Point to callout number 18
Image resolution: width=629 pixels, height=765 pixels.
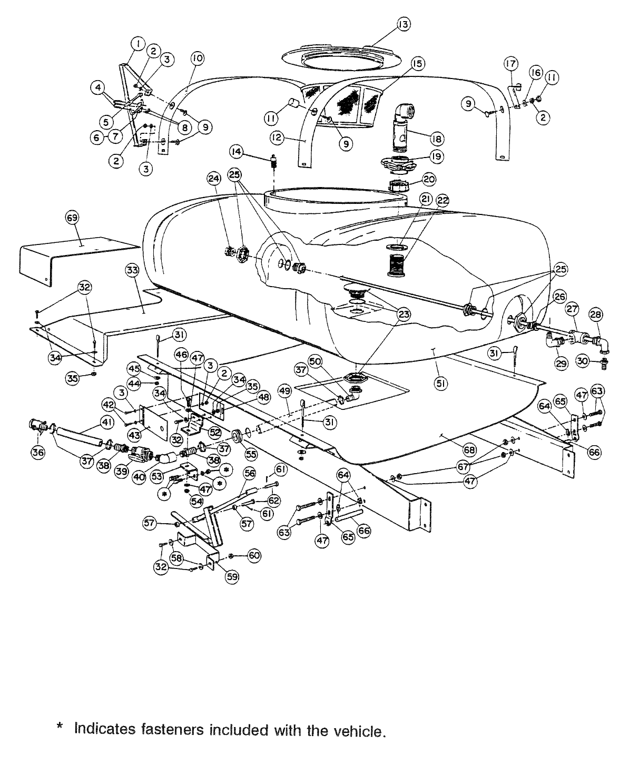436,139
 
